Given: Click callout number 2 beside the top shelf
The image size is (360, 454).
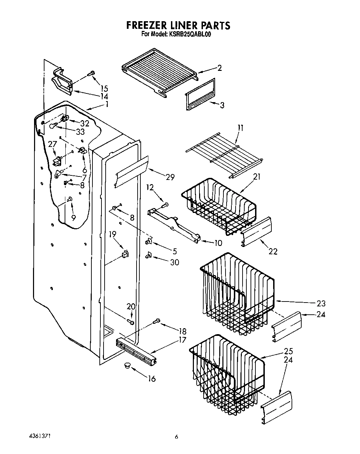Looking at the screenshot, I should (x=219, y=68).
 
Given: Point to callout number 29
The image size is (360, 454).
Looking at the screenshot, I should (x=170, y=177).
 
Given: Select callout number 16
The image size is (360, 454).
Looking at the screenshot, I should (x=152, y=379).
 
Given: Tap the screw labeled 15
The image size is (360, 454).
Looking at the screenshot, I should (x=91, y=73).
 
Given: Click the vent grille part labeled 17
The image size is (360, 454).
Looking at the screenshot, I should (x=136, y=350).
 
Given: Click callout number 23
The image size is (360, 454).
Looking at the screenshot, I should (x=321, y=303).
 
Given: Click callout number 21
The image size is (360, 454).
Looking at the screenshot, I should (x=256, y=177).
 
